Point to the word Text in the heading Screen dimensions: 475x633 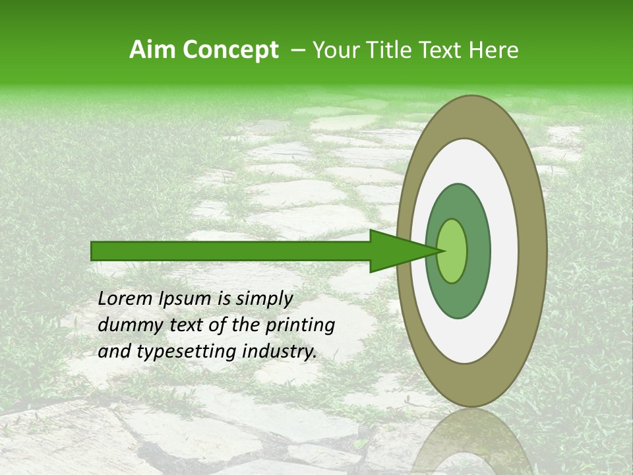click(445, 49)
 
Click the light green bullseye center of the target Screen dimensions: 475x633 click(452, 251)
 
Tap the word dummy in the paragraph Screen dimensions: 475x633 click(127, 325)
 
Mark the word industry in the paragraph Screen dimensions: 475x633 click(278, 352)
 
